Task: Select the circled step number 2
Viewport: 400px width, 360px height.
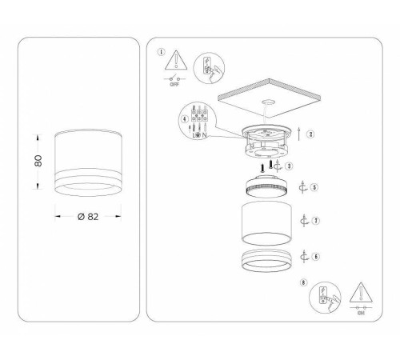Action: (311, 134)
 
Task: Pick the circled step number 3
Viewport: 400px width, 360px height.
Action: (289, 166)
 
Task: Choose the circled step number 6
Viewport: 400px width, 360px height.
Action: (316, 256)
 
